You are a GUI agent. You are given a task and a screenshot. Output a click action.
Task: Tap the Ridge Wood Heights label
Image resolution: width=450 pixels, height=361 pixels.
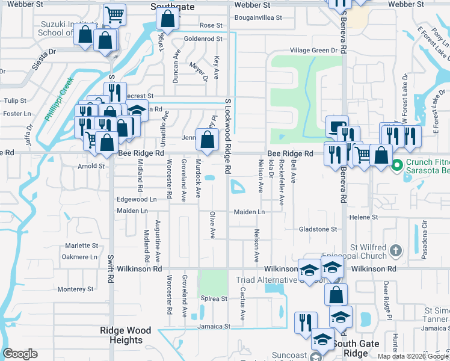click(x=126, y=335)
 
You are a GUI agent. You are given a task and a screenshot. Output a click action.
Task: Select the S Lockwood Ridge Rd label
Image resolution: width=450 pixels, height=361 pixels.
click(x=228, y=137)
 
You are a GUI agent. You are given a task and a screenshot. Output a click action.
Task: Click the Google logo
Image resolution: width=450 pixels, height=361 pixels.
click(x=20, y=354)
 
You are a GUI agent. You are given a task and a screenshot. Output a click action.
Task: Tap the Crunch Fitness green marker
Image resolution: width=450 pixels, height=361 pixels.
click(x=397, y=164)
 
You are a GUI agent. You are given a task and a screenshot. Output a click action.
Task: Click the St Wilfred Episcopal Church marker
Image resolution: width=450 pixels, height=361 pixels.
click(x=396, y=249)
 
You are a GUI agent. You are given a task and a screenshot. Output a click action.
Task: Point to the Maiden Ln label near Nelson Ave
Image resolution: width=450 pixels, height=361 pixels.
click(x=249, y=212)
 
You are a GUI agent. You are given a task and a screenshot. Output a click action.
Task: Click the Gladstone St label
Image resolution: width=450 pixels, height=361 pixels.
click(x=318, y=229)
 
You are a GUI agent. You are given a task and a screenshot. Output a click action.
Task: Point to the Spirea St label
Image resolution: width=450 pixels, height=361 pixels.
click(x=214, y=298)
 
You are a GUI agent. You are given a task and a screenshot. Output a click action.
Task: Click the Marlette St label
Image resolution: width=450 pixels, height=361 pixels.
click(x=81, y=245)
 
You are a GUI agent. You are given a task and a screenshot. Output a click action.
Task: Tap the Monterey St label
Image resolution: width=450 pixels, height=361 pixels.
click(x=76, y=289)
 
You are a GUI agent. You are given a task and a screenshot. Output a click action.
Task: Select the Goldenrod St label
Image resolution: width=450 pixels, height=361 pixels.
click(x=203, y=39)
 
